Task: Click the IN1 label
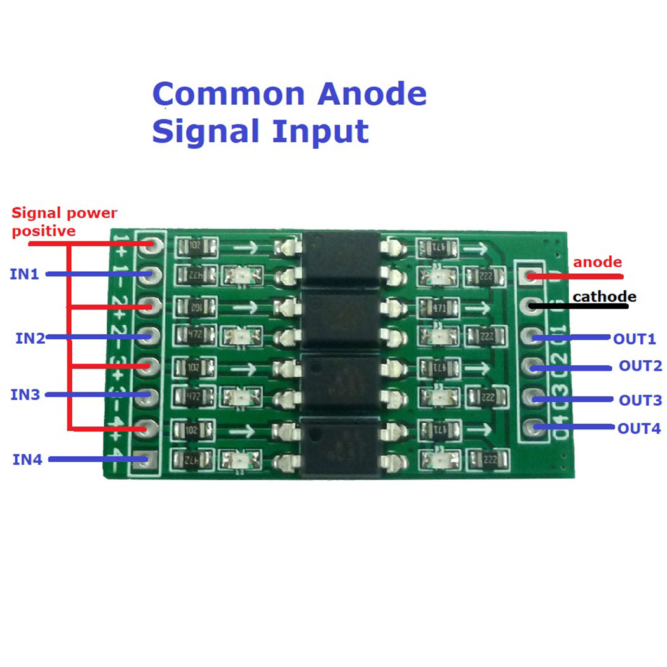point(24,274)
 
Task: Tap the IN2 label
point(30,337)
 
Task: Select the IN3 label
point(25,394)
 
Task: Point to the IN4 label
point(27,459)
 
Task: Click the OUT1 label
point(634,339)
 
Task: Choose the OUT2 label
point(640,366)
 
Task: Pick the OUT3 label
point(640,400)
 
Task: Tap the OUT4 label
point(639,429)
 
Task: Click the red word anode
point(598,262)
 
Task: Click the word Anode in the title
point(372,94)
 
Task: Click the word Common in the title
point(229,94)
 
